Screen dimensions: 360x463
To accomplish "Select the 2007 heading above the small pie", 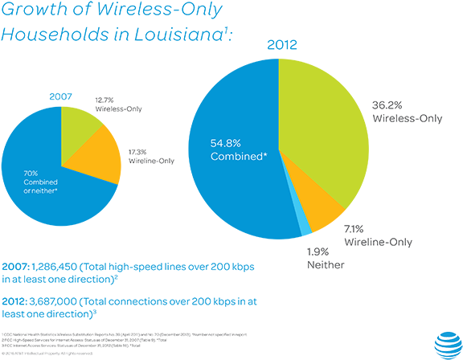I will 61,96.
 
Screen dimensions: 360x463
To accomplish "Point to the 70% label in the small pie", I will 30,173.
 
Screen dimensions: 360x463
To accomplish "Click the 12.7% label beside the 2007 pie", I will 105,97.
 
